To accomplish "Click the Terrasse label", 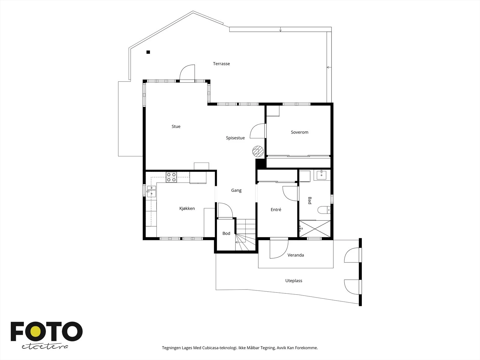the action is (x=221, y=64).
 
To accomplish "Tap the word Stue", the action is (x=176, y=126).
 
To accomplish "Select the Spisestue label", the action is (x=235, y=138).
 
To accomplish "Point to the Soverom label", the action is (x=300, y=132).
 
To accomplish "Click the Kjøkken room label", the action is (x=187, y=208).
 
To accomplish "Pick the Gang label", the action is (x=236, y=190).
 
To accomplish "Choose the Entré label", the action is (x=276, y=210).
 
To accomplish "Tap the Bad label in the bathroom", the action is (x=310, y=200).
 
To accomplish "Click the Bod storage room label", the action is (x=226, y=233).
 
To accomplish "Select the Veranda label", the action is (x=296, y=255).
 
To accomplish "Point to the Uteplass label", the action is (x=294, y=281).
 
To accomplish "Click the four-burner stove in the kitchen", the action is (x=171, y=177).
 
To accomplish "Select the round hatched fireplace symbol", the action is (x=258, y=151).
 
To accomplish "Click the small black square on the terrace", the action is (x=148, y=52).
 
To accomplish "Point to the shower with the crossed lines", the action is (x=315, y=229).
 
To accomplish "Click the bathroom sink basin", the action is (x=322, y=175).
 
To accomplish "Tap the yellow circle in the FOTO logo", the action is (x=36, y=331).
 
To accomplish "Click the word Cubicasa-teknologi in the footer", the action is (x=220, y=348).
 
